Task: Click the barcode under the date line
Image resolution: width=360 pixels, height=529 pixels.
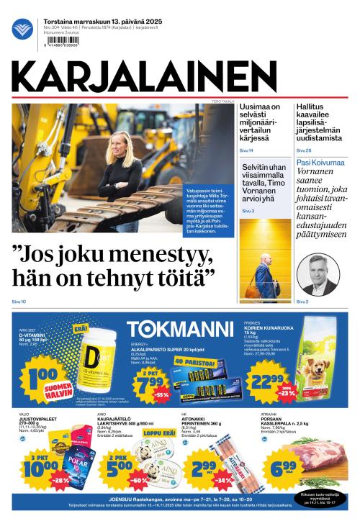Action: point(63,45)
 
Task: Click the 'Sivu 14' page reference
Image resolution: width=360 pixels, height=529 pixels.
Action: point(246,150)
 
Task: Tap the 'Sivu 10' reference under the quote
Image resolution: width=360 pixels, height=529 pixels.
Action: point(19,301)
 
